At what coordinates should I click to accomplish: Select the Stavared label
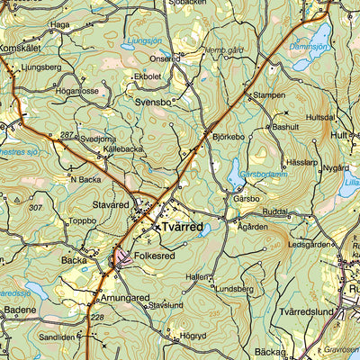(112, 205)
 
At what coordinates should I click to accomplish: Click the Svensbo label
(154, 103)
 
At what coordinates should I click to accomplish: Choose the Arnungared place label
(124, 297)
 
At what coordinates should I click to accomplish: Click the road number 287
(66, 135)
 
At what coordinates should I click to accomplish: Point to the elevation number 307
(35, 207)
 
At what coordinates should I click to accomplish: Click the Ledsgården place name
(309, 244)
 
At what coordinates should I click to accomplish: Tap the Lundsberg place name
(234, 289)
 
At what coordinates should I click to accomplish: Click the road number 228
(96, 317)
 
